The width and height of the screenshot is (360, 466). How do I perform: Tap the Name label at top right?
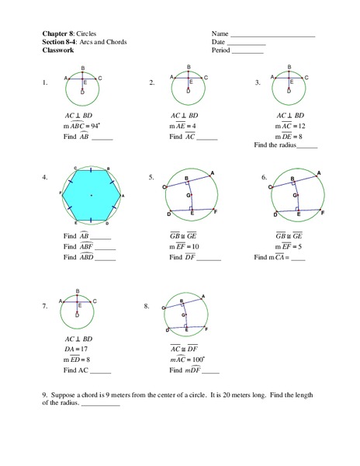(220, 34)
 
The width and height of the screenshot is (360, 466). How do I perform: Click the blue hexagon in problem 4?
(91, 195)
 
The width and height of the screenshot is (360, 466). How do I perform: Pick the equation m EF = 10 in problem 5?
(185, 246)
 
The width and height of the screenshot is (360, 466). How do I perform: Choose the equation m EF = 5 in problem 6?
(290, 246)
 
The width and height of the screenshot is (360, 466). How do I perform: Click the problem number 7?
(46, 308)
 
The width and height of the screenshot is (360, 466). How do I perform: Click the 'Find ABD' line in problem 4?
(86, 257)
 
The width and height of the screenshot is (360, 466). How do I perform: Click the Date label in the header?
(219, 43)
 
